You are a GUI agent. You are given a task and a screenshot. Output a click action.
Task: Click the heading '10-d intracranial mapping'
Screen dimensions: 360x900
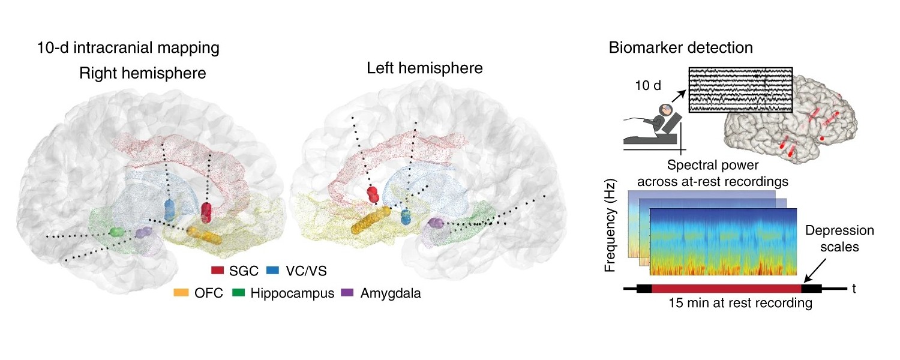coord(128,48)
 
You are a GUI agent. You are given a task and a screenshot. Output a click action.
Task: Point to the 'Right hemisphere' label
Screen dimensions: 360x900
coord(143,74)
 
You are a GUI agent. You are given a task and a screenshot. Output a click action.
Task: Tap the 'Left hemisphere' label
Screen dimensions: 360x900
coord(425,68)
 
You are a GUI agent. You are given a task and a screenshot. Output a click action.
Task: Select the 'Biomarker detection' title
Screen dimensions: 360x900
coord(681,47)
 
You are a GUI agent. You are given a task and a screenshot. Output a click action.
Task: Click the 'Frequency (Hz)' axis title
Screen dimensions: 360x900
coord(611,224)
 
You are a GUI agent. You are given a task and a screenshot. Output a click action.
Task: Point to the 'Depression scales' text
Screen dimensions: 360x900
coord(839,238)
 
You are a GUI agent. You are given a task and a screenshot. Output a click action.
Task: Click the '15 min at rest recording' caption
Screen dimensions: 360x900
coord(741,304)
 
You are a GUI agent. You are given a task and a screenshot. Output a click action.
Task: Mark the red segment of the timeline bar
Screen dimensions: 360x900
coord(726,289)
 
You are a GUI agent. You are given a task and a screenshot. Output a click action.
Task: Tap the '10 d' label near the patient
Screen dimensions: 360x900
coord(648,85)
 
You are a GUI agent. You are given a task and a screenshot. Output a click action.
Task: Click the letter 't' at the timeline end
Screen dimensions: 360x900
coord(853,289)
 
